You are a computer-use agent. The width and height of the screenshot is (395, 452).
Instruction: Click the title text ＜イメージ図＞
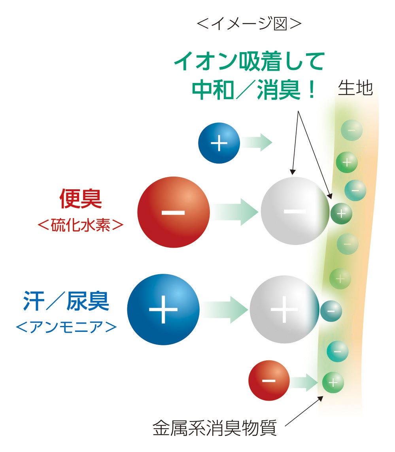(x=249, y=24)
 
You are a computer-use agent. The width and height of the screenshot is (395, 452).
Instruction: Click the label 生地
(x=355, y=89)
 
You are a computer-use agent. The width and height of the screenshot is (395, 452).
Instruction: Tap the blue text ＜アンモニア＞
(x=66, y=326)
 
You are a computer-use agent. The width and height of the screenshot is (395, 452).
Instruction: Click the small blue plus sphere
(x=219, y=143)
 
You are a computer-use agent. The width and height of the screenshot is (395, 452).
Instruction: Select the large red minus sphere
(x=173, y=212)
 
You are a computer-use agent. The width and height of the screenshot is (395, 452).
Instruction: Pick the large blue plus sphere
(x=163, y=309)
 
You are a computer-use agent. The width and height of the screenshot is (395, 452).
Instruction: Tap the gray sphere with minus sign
(x=295, y=211)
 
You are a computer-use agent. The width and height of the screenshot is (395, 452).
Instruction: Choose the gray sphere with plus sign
(x=284, y=309)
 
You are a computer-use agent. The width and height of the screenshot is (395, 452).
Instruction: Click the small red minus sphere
(x=269, y=380)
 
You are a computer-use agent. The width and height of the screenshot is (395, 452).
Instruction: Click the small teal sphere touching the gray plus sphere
(x=331, y=311)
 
